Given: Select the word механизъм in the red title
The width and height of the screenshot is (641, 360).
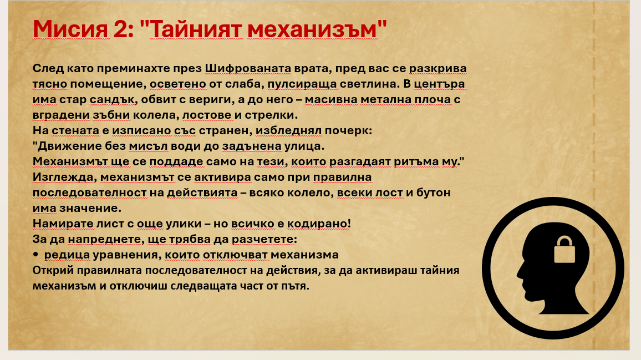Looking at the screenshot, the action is tap(312, 29).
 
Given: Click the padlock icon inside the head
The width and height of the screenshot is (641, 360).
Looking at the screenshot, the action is tap(564, 250).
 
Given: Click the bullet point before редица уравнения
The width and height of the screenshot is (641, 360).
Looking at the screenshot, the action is tap(35, 255).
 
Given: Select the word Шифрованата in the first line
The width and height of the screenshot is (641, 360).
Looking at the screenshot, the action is tap(248, 68).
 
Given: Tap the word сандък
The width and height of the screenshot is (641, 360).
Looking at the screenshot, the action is tap(112, 99).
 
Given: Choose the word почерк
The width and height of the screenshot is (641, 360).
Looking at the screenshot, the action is tap(348, 130).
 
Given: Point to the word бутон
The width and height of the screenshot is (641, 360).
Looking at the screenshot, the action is tap(433, 192).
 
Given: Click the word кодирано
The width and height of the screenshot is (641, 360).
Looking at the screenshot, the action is tap(319, 224).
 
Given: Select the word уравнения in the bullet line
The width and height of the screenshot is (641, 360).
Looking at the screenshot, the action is tap(127, 255).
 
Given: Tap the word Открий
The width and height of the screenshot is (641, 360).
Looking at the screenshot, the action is tap(53, 270).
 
